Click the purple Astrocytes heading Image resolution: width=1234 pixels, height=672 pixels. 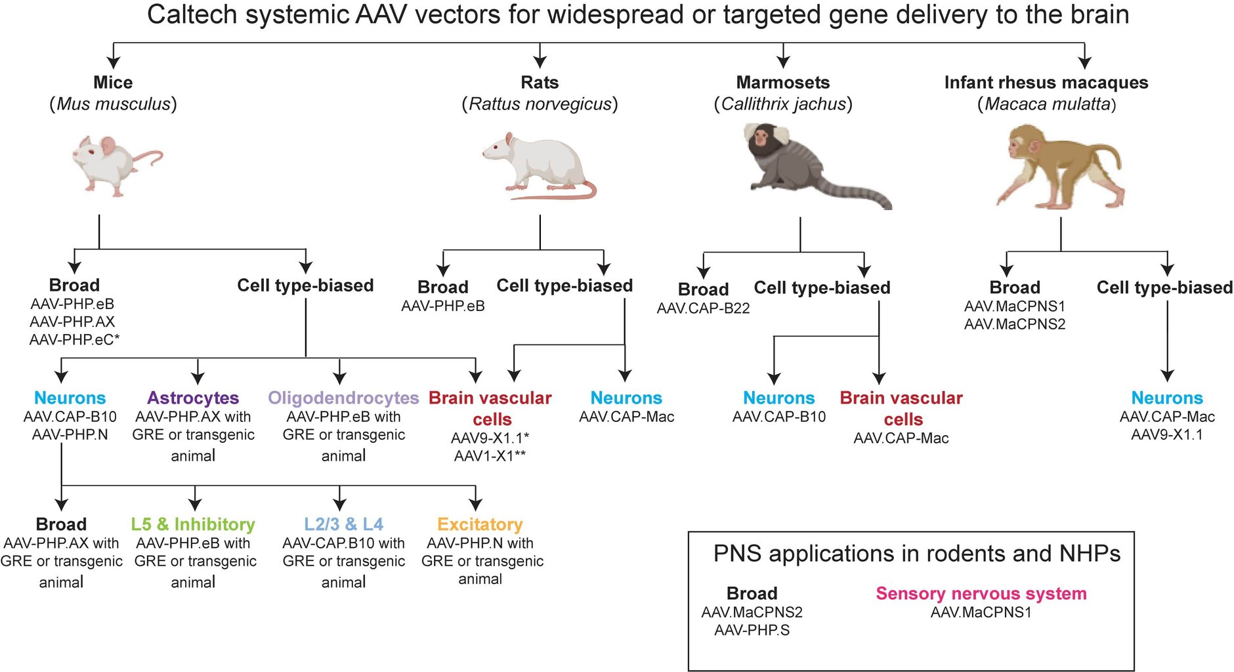pos(193,398)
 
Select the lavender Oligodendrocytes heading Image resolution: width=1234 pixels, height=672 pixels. pos(343,398)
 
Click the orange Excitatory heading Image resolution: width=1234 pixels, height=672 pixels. pos(480,524)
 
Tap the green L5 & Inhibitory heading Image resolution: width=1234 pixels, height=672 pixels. pos(193,524)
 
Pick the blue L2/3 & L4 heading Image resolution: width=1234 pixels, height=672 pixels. pos(343,524)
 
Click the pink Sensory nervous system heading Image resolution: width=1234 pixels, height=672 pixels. pos(981,593)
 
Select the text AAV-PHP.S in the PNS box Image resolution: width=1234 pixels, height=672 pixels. pos(752,630)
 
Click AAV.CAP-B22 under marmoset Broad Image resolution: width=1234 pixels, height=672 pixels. pos(703,308)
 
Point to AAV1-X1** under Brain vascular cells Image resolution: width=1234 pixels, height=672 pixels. pos(490,455)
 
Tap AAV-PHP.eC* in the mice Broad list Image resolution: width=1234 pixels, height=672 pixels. pos(74,340)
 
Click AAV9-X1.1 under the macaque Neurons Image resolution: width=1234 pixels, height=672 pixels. pos(1166,434)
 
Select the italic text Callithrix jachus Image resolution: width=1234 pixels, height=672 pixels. pos(783,104)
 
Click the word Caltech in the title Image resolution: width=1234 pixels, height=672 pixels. pos(191,15)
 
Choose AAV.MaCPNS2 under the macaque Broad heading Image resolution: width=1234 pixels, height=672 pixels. pos(1014,324)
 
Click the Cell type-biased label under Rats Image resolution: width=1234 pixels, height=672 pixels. pos(564,285)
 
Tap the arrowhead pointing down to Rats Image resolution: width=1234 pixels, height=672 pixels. pos(540,62)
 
